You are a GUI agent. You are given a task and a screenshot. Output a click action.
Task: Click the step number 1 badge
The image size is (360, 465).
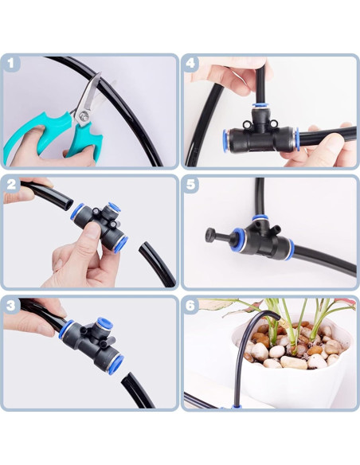pos(11,63)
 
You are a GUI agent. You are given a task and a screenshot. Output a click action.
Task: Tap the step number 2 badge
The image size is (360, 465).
pos(11,184)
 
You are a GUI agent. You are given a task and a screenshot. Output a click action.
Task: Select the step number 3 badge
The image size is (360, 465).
pos(11,305)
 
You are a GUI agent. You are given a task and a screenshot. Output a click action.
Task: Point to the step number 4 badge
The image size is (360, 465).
pos(191,63)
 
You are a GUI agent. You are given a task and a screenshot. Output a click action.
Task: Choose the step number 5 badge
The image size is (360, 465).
pos(191,184)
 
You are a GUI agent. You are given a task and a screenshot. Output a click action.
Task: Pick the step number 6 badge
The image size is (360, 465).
pos(191,305)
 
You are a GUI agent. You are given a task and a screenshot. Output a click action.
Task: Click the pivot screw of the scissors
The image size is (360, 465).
pos(81,116)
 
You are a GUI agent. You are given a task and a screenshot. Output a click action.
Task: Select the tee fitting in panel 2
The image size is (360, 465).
pos(100,227)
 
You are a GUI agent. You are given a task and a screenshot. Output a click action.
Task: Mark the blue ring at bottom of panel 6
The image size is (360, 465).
pos(233,408)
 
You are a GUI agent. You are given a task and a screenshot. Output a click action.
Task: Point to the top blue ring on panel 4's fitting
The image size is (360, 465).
pos(260,105)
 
